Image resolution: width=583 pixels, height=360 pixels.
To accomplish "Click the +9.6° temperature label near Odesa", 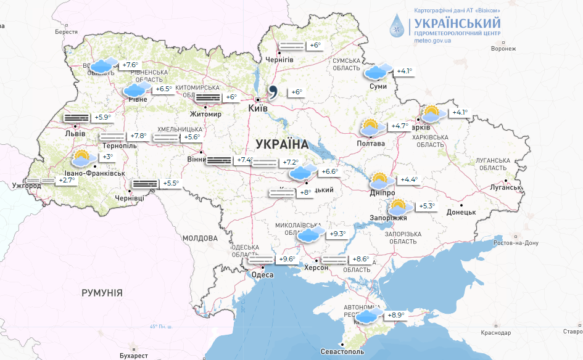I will tap(287, 260).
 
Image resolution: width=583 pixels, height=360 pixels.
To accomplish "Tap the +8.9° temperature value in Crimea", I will tap(396, 316).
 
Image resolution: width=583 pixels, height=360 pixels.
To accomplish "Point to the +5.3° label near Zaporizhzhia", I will tap(428, 206).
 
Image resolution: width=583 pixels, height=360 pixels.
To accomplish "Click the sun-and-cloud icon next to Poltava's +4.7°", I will tap(370, 128).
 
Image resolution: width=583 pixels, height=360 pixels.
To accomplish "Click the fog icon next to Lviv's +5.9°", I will tap(76, 117).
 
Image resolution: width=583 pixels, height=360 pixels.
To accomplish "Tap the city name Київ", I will tap(257, 108).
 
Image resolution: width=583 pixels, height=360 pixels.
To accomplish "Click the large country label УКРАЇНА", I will tap(281, 144).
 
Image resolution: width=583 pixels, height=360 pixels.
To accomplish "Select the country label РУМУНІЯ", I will tap(102, 293).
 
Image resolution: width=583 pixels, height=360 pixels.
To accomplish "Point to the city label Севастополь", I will tap(341, 351).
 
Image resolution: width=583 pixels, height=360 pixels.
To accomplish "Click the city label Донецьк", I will tap(461, 212).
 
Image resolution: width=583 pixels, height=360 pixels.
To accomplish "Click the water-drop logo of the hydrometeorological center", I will tap(397, 27).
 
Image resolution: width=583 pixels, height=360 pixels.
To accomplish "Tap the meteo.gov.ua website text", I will tap(432, 41).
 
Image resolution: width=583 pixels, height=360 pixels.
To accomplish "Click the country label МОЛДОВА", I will tap(200, 238).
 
